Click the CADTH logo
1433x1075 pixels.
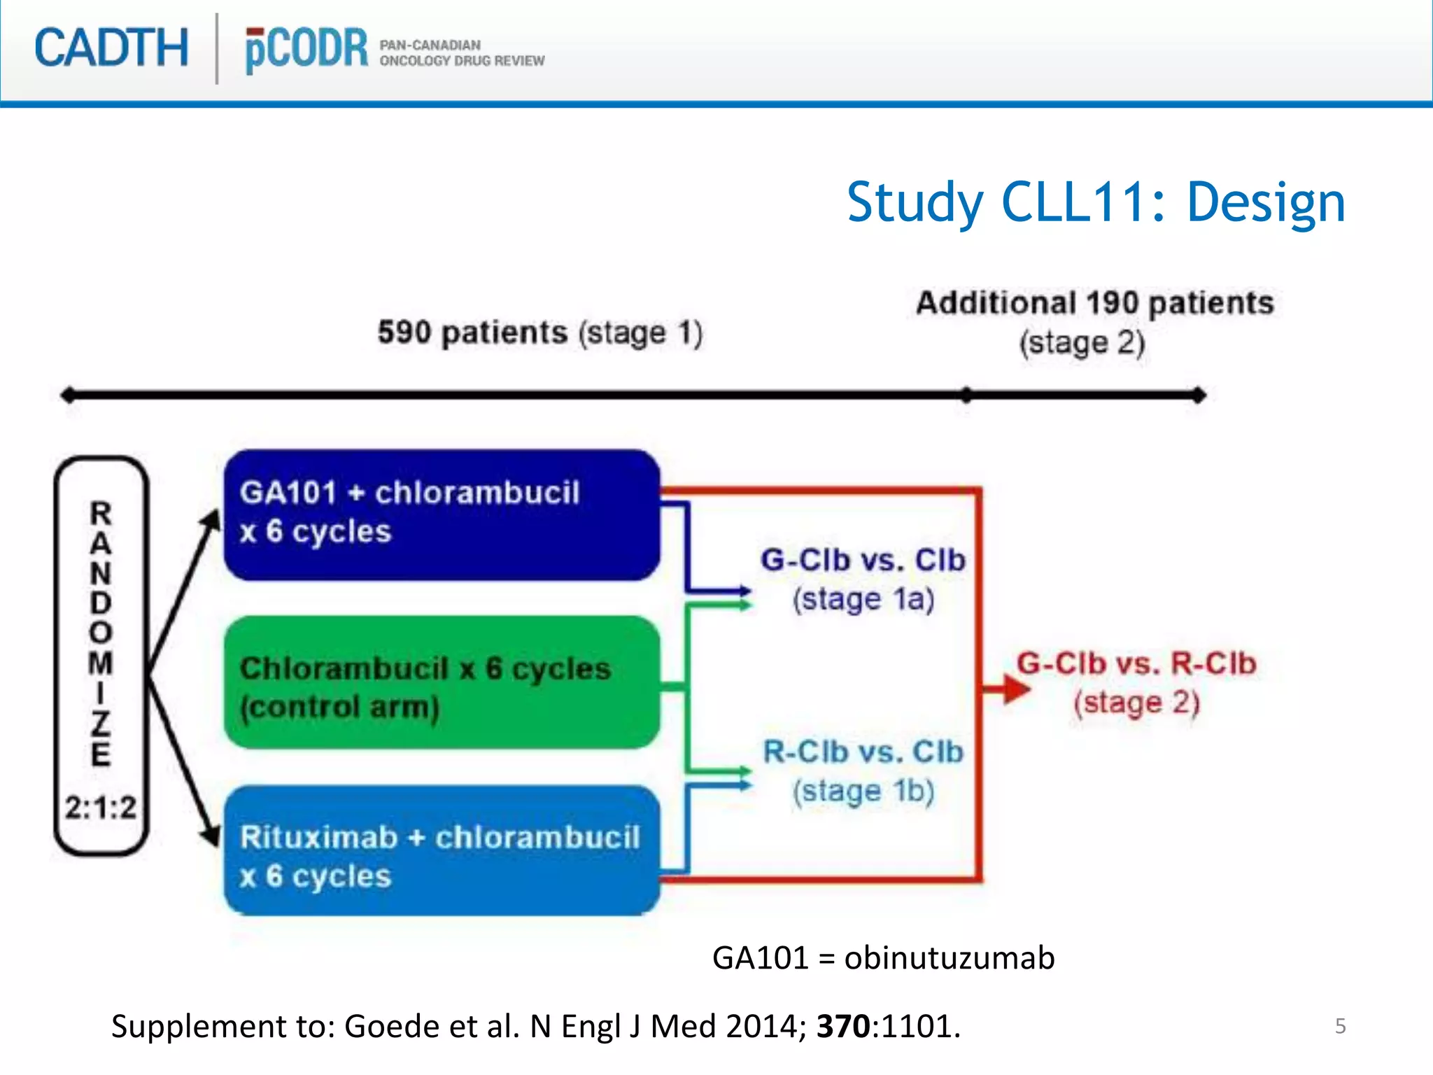pos(111,48)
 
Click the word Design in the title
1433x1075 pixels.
pos(1265,202)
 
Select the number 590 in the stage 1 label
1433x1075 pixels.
pos(404,332)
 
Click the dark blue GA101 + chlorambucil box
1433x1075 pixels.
pos(441,514)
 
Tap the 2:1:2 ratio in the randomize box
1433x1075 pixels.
pos(101,808)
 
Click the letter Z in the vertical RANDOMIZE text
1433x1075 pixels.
pos(101,724)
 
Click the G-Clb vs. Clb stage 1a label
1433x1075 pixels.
pos(863,579)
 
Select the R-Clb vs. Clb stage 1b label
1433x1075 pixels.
pos(863,770)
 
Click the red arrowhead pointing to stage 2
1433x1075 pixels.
pos(1013,689)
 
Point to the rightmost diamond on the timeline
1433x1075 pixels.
pos(1198,395)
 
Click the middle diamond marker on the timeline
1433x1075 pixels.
pos(966,395)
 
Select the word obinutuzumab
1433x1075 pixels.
pos(949,957)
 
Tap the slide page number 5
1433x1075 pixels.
pos(1340,1026)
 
